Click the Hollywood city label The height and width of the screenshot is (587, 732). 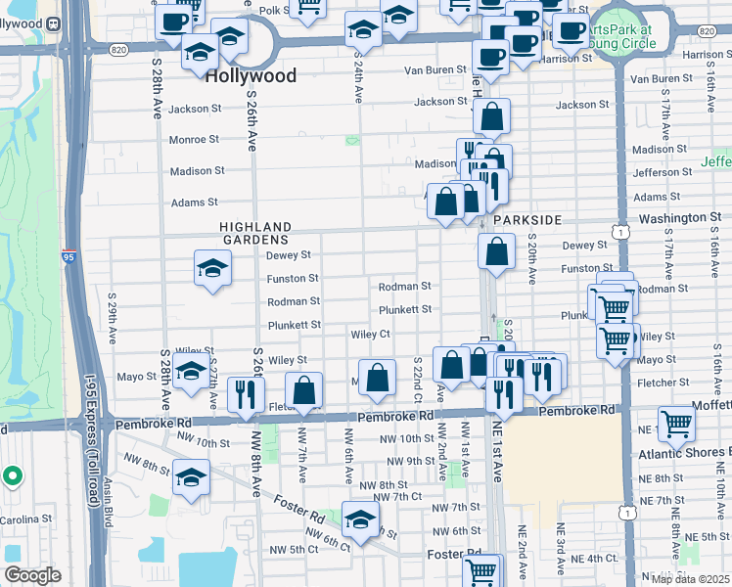[251, 75]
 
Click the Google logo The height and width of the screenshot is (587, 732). [32, 575]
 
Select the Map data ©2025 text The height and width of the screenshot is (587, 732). [690, 579]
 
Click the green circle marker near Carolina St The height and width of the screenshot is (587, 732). [12, 476]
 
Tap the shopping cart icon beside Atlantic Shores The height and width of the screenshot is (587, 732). [676, 424]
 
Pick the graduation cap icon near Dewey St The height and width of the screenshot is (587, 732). [211, 268]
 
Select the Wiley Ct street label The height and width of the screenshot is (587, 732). [371, 334]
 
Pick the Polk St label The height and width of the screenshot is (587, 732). [276, 11]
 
